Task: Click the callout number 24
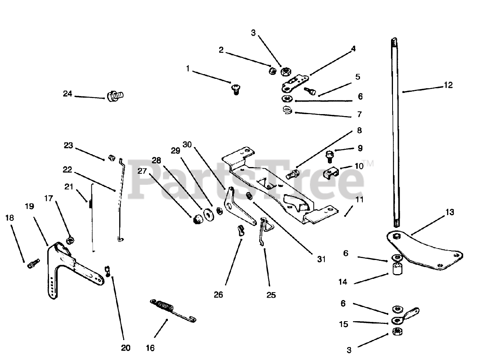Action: [x=67, y=94]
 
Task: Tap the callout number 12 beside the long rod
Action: [x=448, y=85]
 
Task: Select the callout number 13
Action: [x=449, y=212]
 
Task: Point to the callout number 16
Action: [x=150, y=347]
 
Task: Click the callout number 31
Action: [x=322, y=259]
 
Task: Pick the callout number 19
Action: [x=29, y=206]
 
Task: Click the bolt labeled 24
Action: [x=115, y=95]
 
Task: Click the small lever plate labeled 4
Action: [x=294, y=82]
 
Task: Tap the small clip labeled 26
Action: [x=240, y=229]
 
